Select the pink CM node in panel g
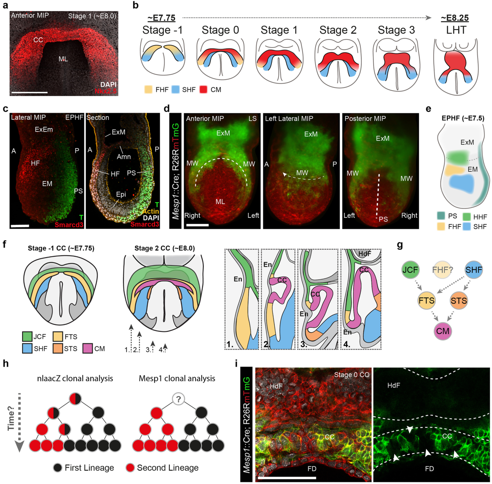443,331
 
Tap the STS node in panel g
458,301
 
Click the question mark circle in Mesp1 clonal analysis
178,398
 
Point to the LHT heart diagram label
456,30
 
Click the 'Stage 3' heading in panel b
396,30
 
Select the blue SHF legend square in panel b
175,89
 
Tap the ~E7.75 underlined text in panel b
162,18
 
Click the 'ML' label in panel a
63,59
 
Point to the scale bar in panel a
30,92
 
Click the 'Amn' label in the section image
124,156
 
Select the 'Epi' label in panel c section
121,194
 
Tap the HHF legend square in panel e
466,217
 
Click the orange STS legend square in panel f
58,349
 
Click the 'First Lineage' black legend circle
57,468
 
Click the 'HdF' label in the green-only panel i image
394,386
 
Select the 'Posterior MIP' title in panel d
365,119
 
